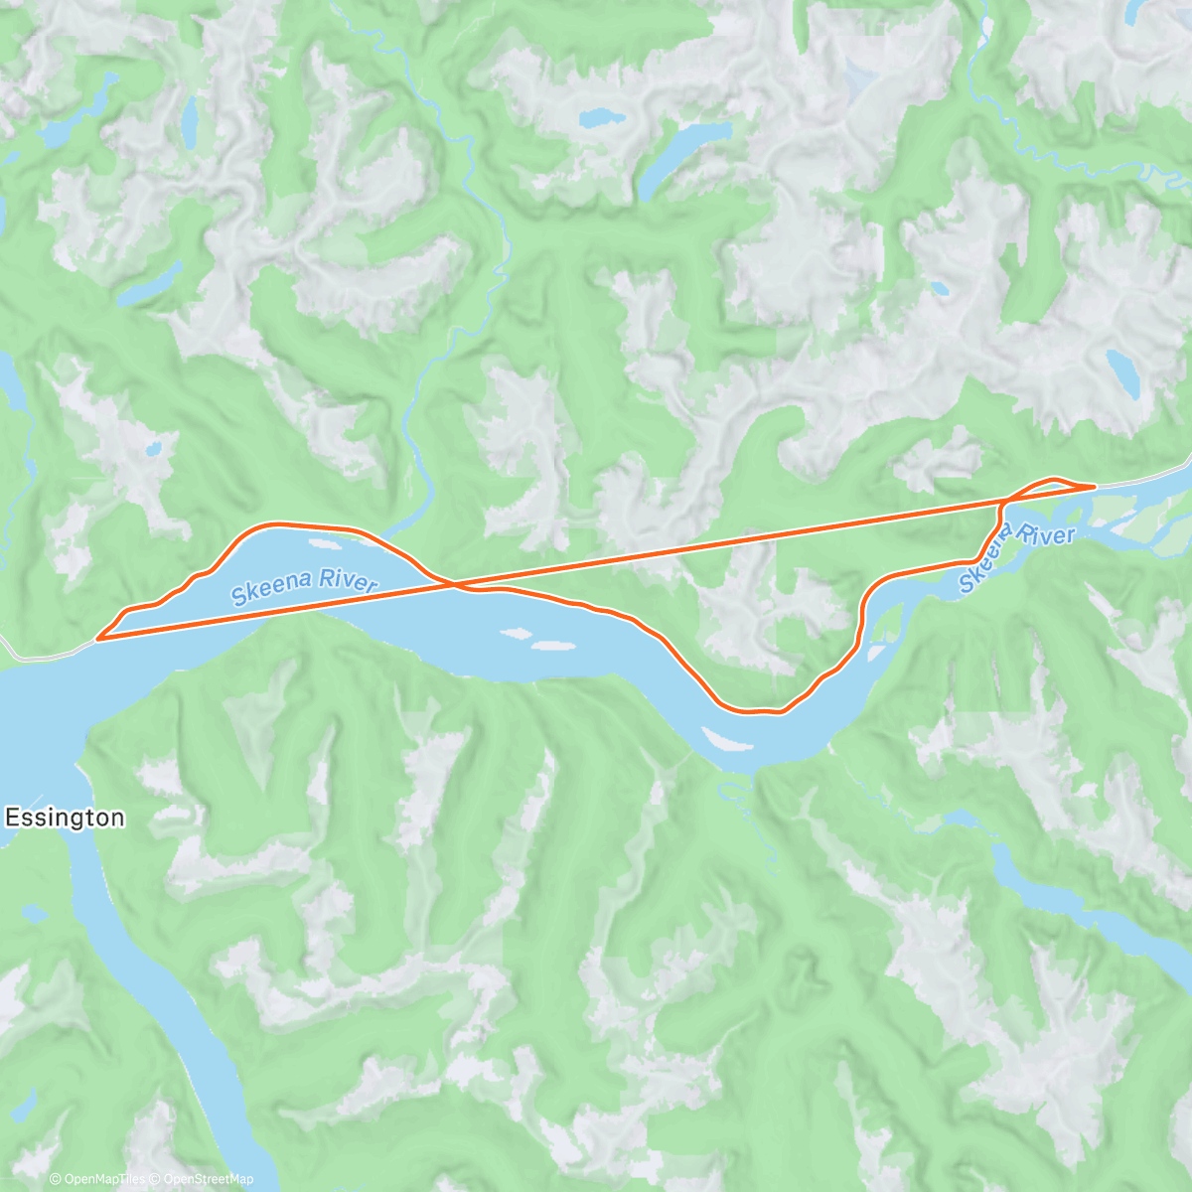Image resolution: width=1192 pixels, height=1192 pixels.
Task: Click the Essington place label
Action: tap(66, 818)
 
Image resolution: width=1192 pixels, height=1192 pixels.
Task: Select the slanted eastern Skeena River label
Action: tap(1017, 552)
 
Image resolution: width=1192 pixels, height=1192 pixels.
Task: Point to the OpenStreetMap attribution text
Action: tap(205, 1179)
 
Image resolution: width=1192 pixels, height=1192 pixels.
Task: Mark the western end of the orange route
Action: tap(98, 639)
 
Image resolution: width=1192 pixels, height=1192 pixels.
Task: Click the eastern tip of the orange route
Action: tap(1094, 486)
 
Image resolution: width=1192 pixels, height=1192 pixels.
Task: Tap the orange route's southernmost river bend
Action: tap(755, 711)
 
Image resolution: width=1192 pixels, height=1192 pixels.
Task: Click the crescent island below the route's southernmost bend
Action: tap(728, 741)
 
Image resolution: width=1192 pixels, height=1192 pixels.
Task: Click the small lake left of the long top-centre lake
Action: tap(602, 118)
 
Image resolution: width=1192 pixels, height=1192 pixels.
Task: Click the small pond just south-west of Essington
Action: tap(33, 912)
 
